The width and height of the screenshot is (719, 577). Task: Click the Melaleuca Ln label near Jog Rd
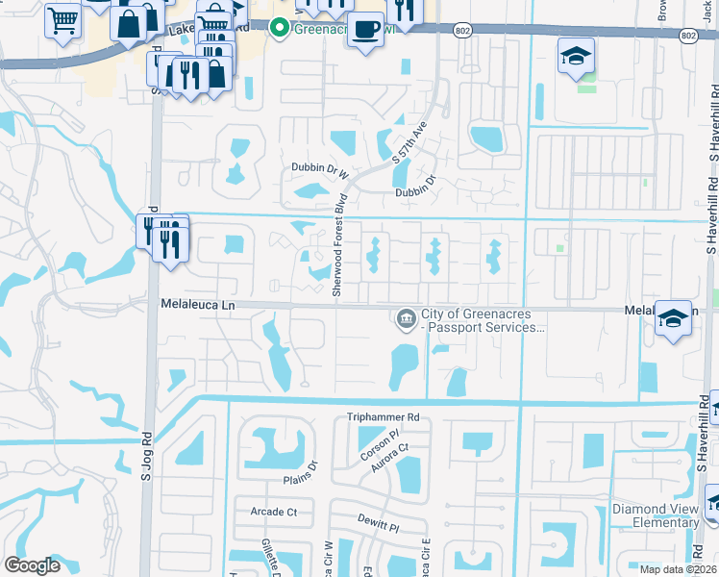197,304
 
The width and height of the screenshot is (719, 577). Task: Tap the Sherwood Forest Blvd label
337,254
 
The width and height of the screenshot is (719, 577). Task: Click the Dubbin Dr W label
319,169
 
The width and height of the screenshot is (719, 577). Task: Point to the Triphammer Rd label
384,418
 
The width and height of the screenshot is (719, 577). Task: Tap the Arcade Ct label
273,512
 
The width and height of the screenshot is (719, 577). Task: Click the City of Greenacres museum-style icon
406,318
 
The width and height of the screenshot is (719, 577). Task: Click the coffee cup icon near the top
364,28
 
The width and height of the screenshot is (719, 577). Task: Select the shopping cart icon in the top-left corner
62,19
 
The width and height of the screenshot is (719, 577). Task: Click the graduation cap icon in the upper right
576,56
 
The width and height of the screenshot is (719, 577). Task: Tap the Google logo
32,565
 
